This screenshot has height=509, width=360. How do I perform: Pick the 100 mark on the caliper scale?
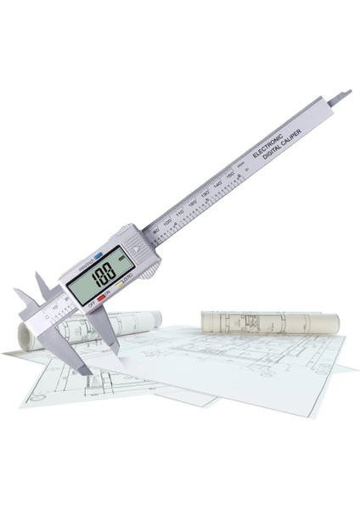[x=166, y=223]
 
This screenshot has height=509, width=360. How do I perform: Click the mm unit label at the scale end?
[x=241, y=165]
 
